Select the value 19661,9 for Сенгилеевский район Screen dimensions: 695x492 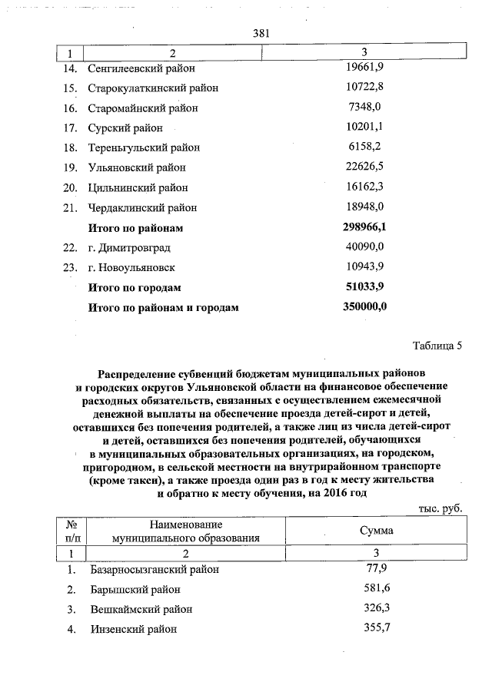pos(366,68)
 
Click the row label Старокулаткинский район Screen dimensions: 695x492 pos(153,88)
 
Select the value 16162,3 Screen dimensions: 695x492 pos(366,187)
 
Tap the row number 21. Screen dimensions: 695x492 pos(71,207)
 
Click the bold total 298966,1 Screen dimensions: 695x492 pos(364,227)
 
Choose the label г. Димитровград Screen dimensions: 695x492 pos(129,247)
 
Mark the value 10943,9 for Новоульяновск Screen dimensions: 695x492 pos(366,266)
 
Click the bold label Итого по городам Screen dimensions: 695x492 pos(135,287)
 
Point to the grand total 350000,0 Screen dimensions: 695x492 pos(364,307)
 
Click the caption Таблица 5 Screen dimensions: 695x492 pos(437,345)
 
